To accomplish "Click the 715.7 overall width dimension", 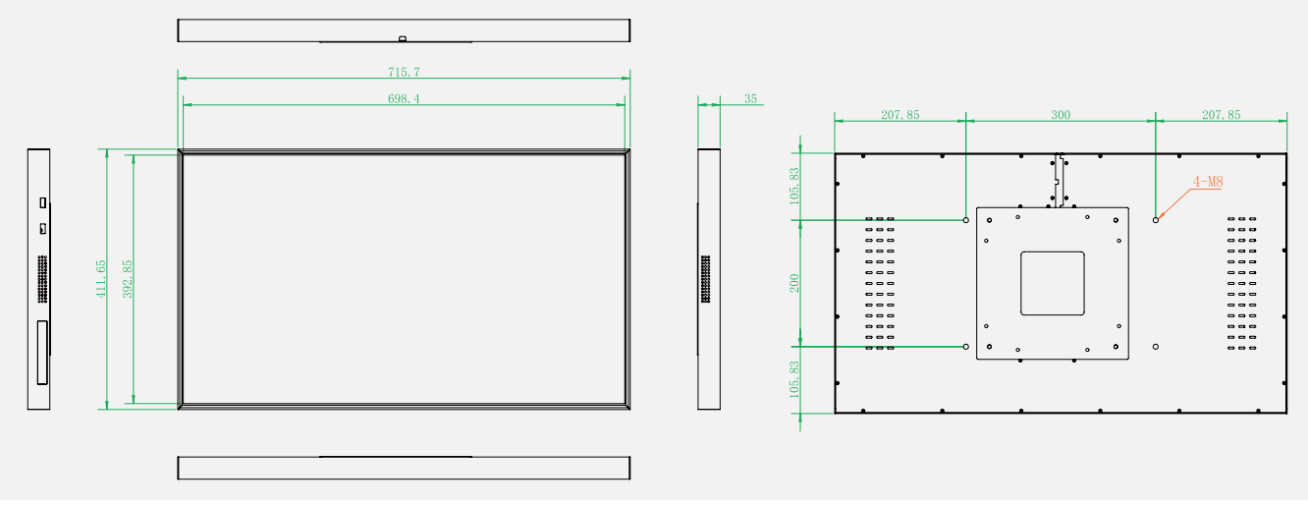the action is coord(404,72).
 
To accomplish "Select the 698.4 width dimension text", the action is coord(404,99).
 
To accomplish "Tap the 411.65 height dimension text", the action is coord(101,279).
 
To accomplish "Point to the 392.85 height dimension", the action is coord(128,279).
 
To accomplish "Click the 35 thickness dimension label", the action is coord(750,99).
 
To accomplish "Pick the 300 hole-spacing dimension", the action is coord(1061,115).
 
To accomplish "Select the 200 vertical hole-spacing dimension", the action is coord(794,283).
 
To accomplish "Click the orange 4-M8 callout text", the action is coord(1208,182).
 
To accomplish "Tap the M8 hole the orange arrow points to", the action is coord(1156,220).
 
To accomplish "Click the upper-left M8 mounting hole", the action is coord(966,220).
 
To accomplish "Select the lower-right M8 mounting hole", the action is coord(1156,347).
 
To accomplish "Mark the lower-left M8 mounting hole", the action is coord(966,347).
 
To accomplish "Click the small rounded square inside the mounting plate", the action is coord(1053,252).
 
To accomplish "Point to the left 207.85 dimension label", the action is coord(899,115).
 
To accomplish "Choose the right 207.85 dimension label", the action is coord(1221,115).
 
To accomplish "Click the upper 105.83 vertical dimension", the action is coord(794,186).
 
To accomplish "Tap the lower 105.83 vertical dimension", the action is coord(794,380).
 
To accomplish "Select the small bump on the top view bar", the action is coord(403,38).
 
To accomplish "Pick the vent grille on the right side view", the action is coord(705,279).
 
